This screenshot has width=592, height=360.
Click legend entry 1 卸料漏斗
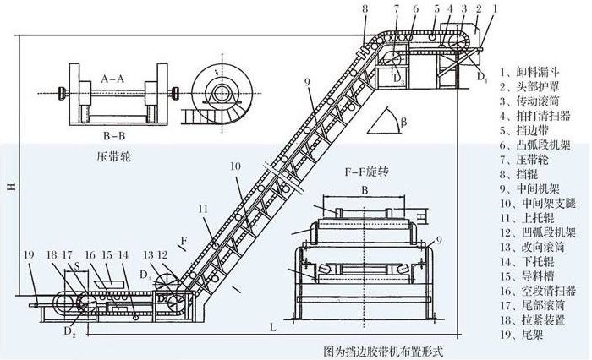[x=531, y=71]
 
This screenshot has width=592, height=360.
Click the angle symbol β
[x=404, y=122]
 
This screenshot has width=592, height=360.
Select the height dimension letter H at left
[x=8, y=187]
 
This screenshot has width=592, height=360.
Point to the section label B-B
[x=114, y=134]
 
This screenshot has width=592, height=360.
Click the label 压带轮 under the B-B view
[x=114, y=157]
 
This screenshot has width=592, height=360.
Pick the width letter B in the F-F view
[x=364, y=190]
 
